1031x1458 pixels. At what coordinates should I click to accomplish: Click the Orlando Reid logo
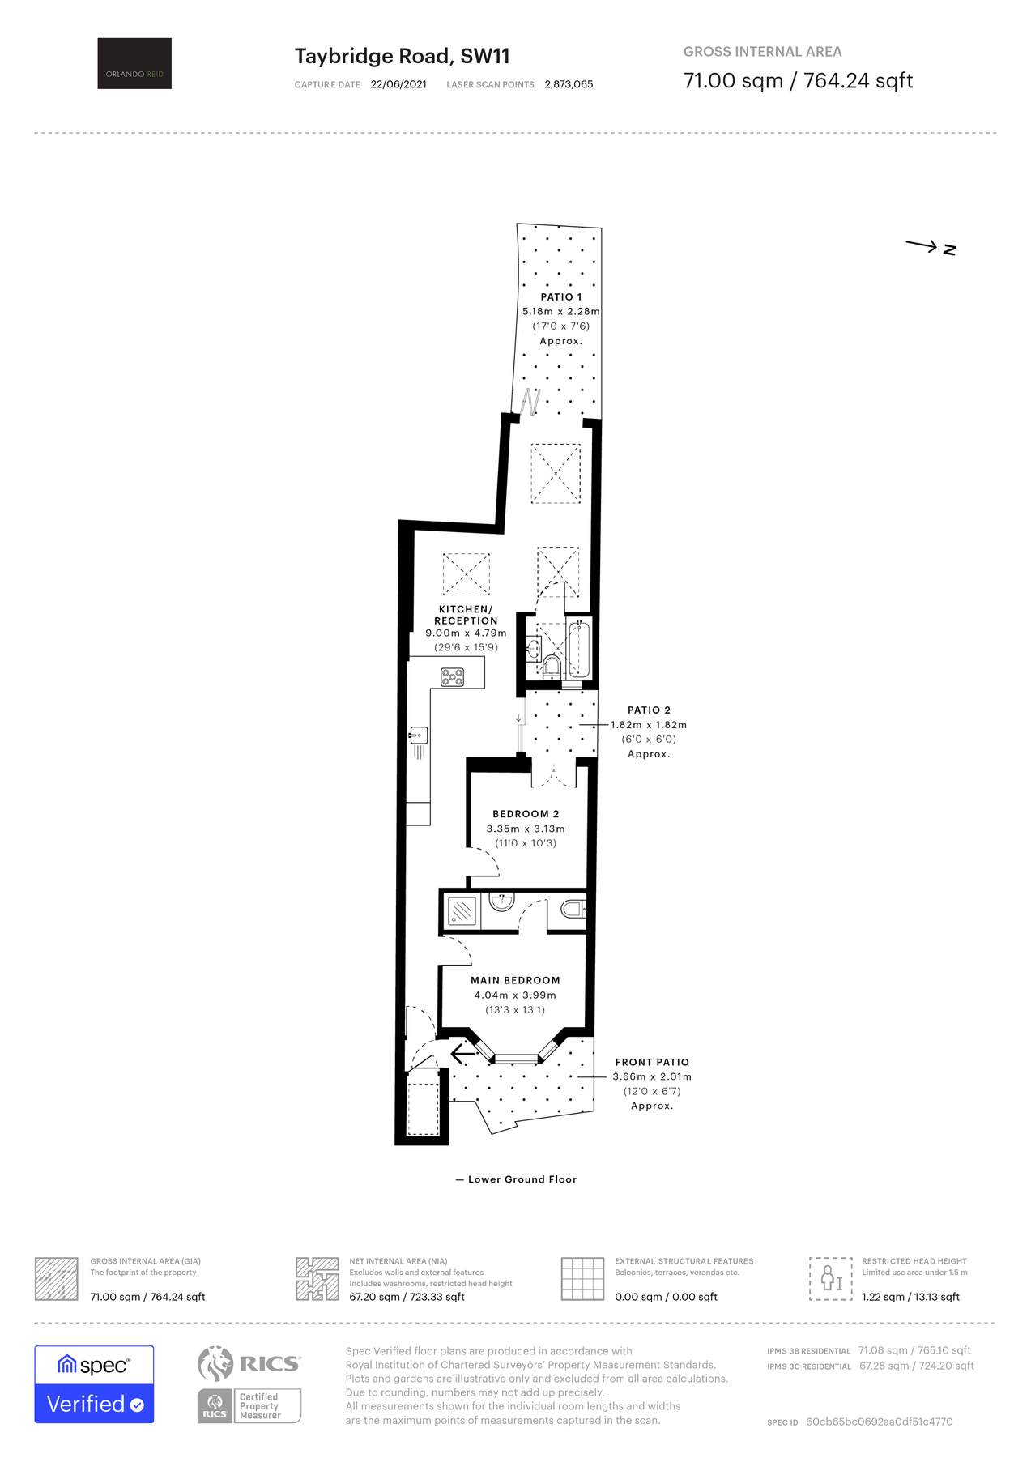click(x=134, y=63)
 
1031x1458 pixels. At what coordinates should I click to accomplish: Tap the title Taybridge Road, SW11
click(x=402, y=56)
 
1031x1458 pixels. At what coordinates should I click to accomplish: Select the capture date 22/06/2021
click(x=398, y=84)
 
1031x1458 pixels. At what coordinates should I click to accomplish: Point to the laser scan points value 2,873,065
click(x=569, y=84)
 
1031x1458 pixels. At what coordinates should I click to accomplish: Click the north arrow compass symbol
click(x=931, y=247)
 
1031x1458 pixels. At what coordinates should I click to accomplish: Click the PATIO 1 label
click(x=561, y=297)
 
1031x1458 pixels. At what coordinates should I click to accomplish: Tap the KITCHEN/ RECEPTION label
click(x=466, y=615)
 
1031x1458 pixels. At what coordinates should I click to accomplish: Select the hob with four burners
click(x=452, y=677)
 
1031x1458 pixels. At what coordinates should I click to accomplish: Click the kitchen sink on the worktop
click(x=419, y=736)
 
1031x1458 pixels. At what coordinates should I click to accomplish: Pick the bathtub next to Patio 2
click(x=579, y=650)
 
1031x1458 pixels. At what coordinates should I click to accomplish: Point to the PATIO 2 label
click(x=649, y=710)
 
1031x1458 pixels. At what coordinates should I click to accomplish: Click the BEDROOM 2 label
click(x=526, y=814)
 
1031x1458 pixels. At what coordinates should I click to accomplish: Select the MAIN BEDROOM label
click(x=515, y=980)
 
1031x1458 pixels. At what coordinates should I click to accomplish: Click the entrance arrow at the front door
click(x=462, y=1054)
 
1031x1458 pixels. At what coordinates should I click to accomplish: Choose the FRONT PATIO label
click(x=652, y=1062)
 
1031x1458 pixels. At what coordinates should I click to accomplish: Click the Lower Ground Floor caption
click(x=522, y=1179)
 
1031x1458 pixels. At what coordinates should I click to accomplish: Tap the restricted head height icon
click(x=830, y=1278)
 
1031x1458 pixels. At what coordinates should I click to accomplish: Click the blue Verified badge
click(x=94, y=1404)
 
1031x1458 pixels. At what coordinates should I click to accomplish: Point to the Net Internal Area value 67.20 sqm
click(x=407, y=1297)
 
